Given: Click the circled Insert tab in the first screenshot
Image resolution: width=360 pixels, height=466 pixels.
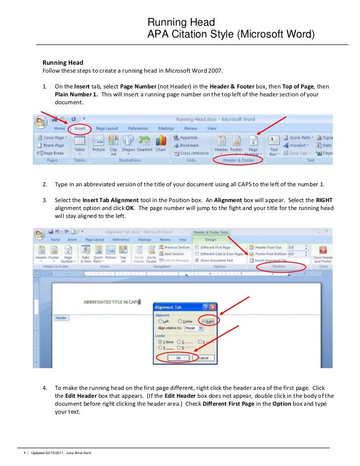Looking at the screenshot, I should (x=80, y=128).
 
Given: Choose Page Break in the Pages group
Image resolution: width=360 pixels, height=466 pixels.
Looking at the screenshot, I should (x=51, y=153).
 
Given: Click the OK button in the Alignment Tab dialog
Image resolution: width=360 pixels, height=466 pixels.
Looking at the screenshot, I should (x=178, y=358).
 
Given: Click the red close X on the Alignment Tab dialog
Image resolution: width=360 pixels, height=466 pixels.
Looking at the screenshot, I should (x=213, y=307).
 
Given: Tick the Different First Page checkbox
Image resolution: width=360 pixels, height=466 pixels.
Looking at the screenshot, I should (x=198, y=247).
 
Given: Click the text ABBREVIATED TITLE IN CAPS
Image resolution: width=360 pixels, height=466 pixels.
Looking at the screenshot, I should (x=111, y=301).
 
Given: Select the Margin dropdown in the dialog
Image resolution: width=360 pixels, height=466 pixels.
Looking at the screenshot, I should (x=193, y=328).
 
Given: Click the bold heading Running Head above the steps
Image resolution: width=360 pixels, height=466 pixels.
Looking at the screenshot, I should (x=62, y=63).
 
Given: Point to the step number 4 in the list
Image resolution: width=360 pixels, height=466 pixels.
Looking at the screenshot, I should (x=45, y=388).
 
